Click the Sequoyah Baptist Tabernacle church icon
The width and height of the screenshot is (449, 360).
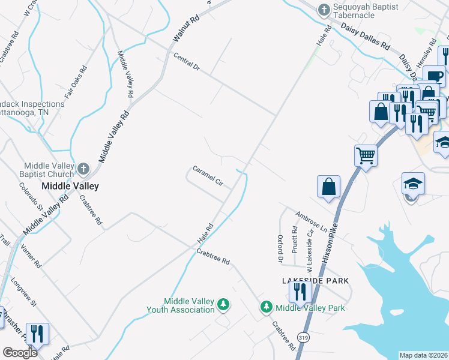(324, 10)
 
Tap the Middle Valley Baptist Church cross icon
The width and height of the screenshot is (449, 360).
(83, 169)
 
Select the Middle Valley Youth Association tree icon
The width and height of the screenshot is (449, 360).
(223, 305)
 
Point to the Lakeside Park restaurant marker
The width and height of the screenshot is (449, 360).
(298, 292)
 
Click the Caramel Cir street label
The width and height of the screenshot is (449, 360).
(208, 176)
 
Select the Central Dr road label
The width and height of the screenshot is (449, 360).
(186, 62)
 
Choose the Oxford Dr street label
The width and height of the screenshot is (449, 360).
(280, 248)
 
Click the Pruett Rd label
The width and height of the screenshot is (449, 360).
(295, 238)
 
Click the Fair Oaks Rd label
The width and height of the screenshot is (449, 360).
(75, 78)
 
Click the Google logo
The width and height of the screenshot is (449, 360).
(20, 353)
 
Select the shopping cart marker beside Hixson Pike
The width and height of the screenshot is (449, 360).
(366, 155)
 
